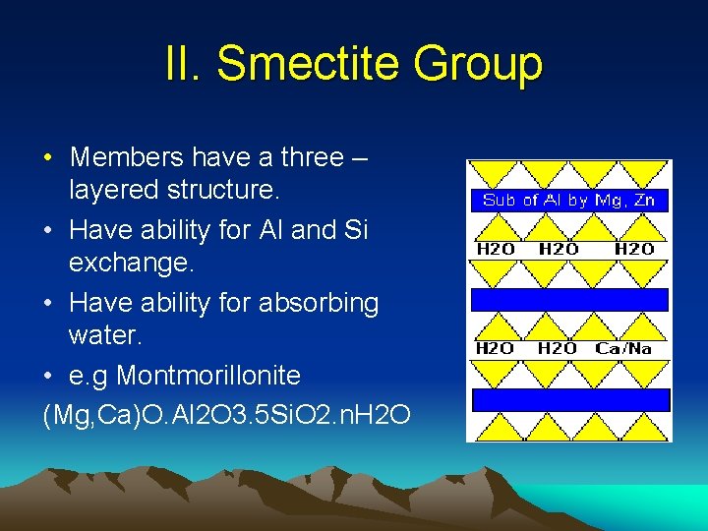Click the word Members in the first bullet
[126, 157]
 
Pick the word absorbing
[319, 303]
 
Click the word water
[106, 335]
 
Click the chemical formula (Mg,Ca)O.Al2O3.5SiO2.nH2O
[227, 412]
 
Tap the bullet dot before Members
[48, 158]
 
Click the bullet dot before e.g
[48, 377]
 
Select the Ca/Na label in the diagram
[623, 348]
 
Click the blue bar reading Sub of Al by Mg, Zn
[568, 200]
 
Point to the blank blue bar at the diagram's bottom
[570, 399]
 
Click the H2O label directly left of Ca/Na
[559, 348]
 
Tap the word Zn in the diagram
[644, 200]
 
